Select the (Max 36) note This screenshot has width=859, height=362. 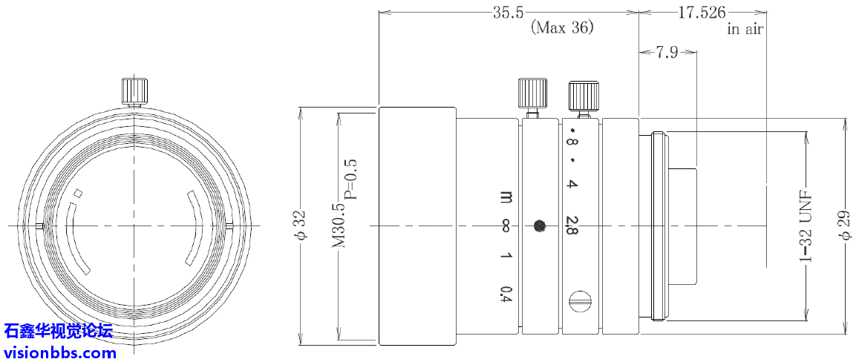point(562,28)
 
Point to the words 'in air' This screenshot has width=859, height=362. point(745,30)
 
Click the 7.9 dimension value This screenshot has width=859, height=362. point(667,53)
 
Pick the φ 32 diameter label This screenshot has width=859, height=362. point(300,226)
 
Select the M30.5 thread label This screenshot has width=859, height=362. point(339,225)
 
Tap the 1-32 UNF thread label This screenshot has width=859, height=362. point(806,225)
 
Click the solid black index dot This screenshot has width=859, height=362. point(540,225)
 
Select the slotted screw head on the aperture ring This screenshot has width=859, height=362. point(581,301)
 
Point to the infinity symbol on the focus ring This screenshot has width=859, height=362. point(506,226)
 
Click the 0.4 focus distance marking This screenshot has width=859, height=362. point(506,294)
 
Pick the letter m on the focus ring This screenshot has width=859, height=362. point(506,197)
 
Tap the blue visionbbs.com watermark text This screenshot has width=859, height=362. point(59,352)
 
